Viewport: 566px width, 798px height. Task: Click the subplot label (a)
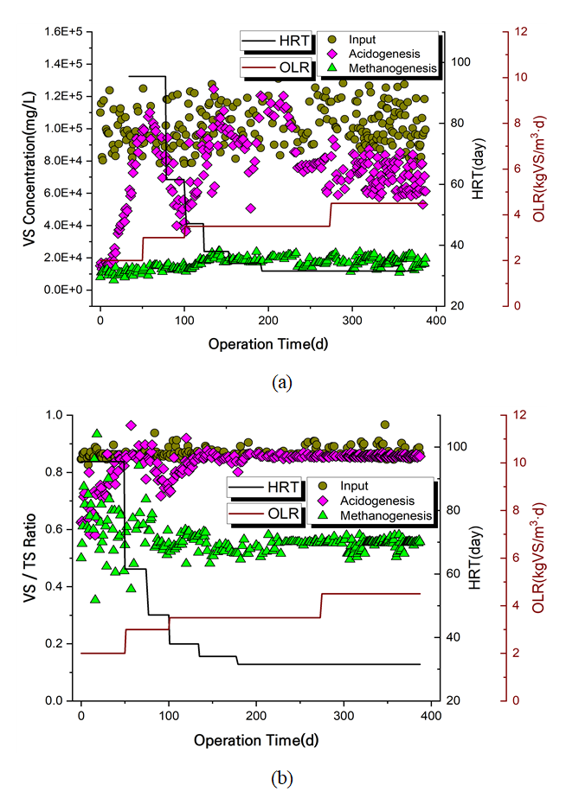click(280, 383)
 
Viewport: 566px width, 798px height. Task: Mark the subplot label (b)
click(281, 778)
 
